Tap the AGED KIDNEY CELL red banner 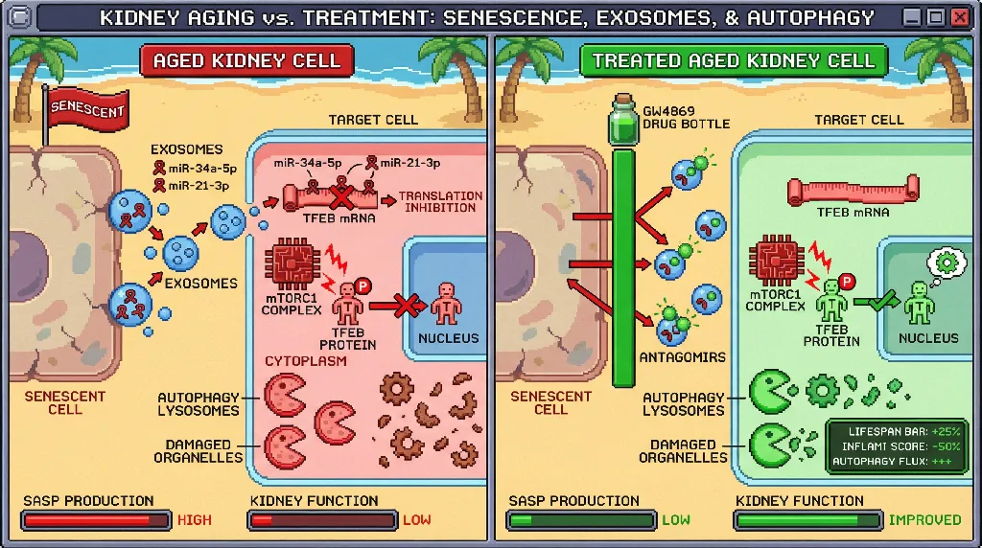246,60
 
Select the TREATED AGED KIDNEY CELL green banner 734,60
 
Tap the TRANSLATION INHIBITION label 440,202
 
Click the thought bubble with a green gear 947,263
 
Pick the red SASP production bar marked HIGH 96,520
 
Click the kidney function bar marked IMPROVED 807,520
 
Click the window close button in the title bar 958,16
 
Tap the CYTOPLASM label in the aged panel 306,361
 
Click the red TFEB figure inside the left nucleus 447,304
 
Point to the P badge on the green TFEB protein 848,282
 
